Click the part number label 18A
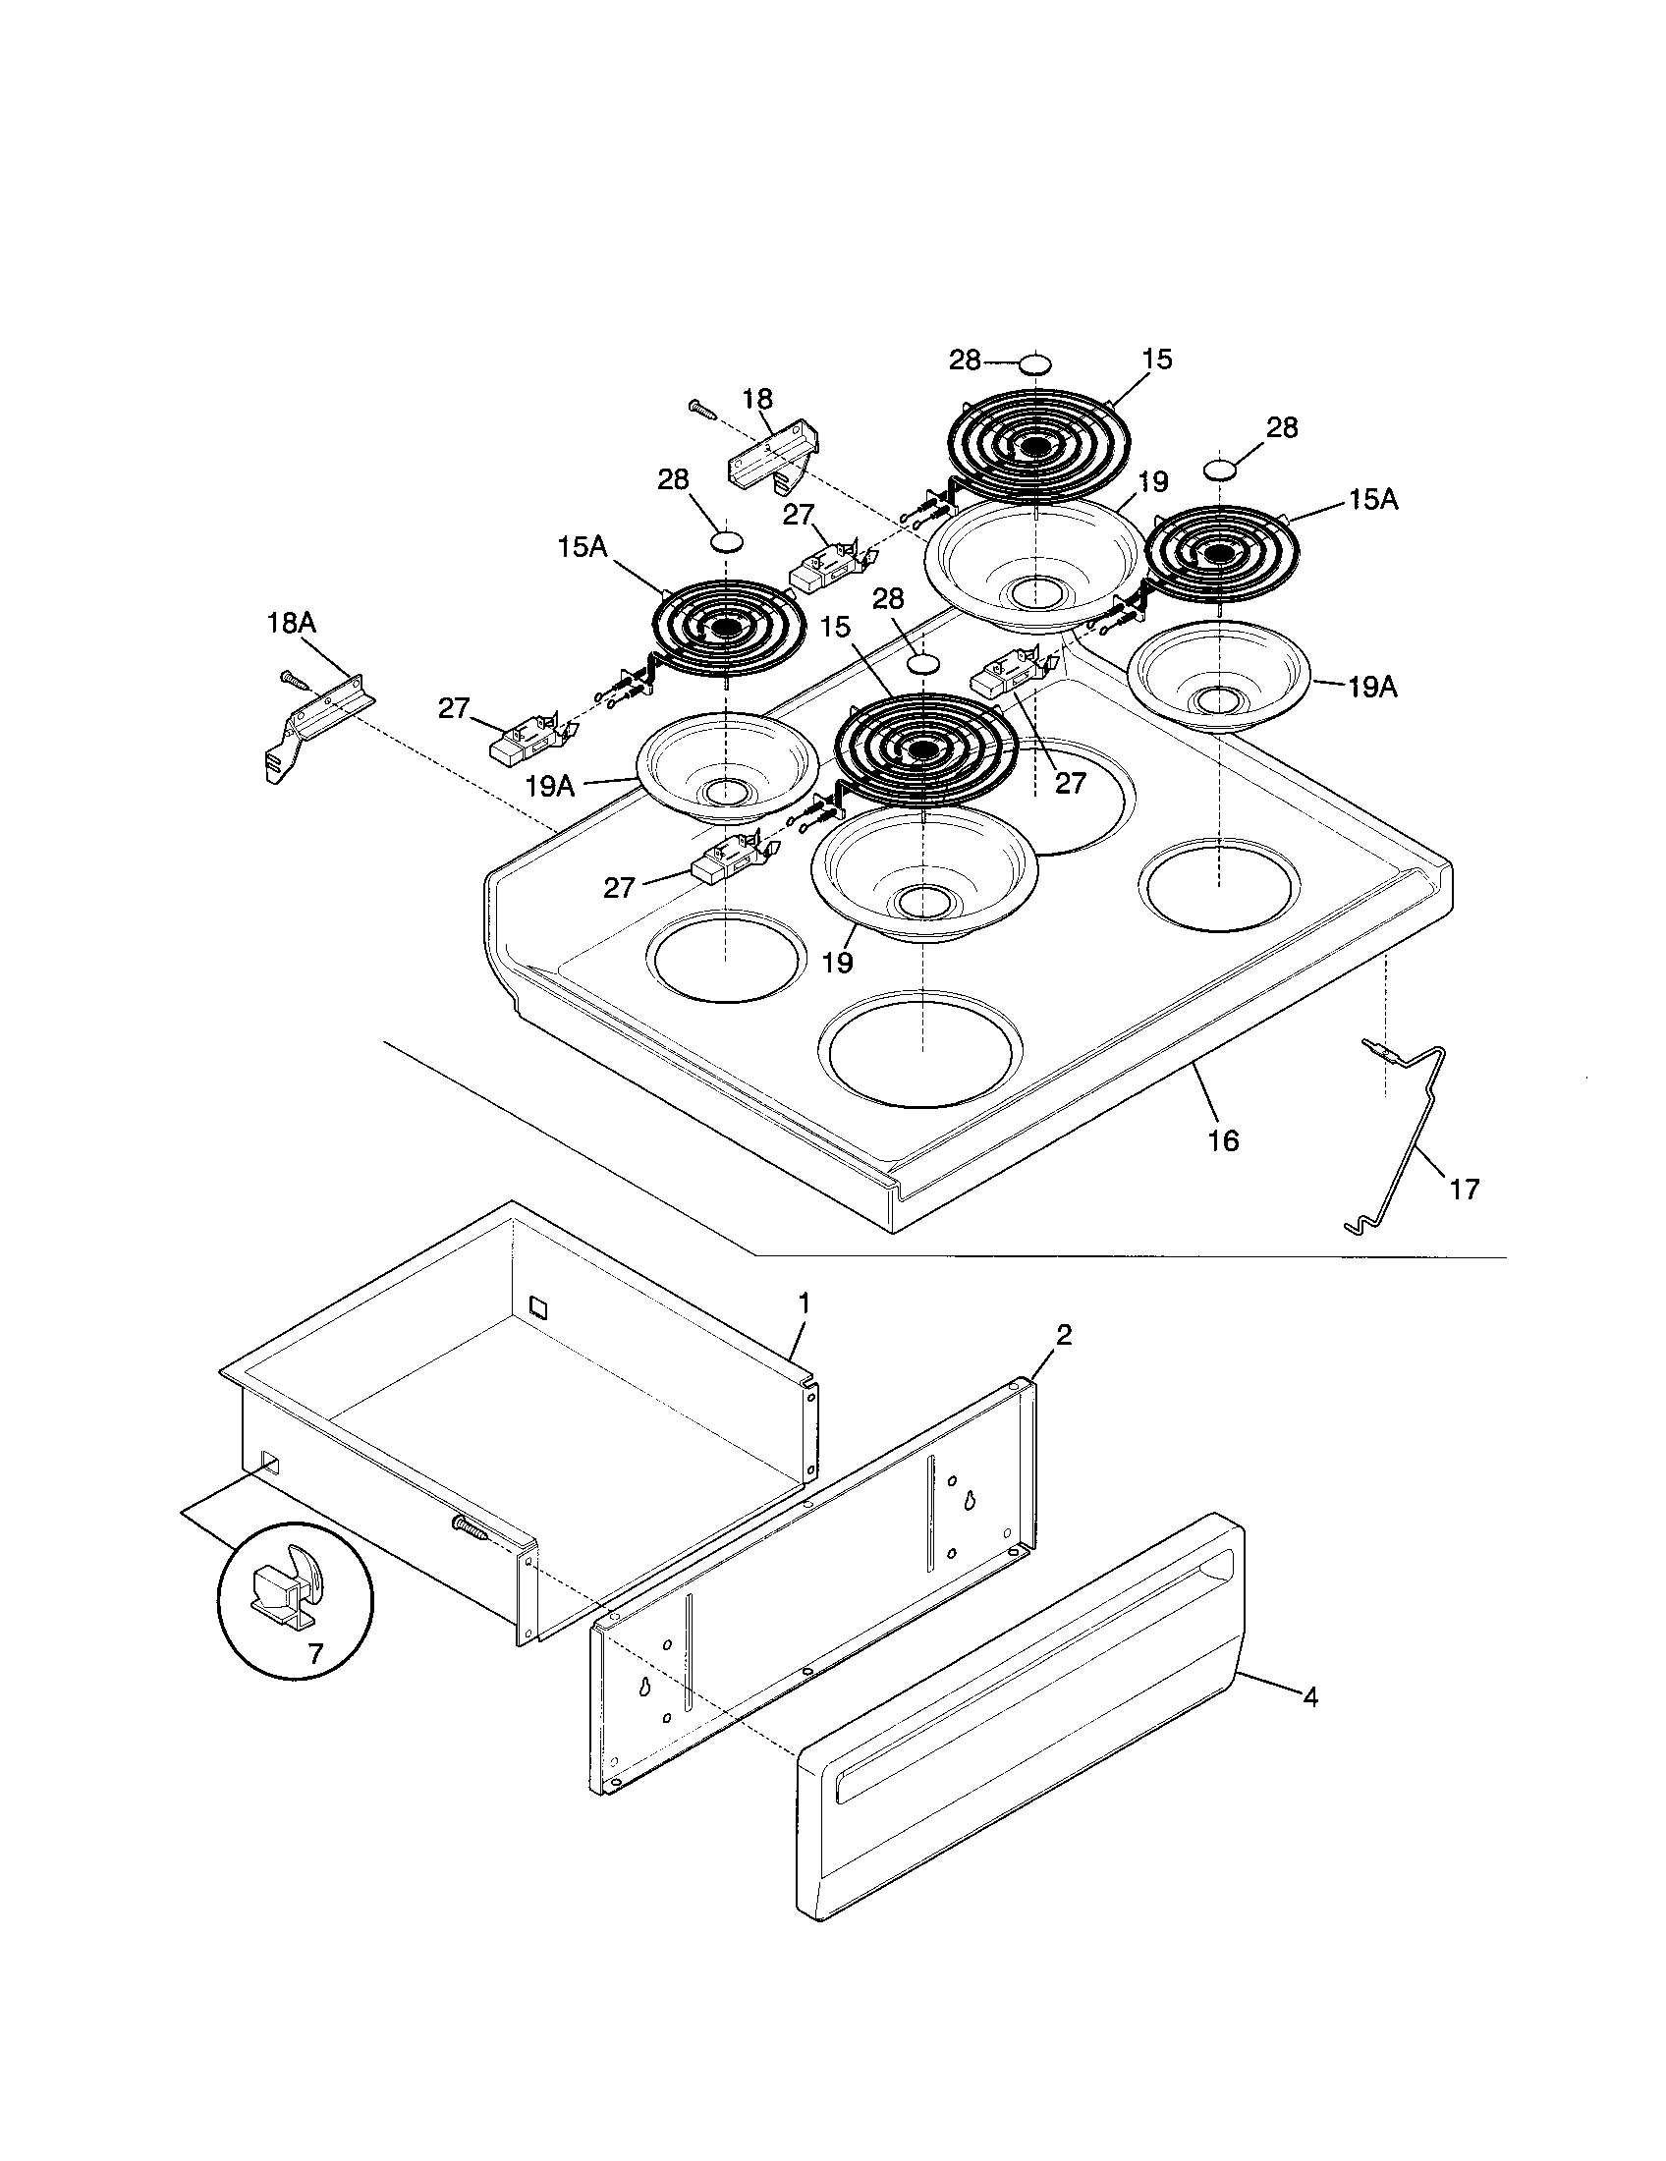point(291,623)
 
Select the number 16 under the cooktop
point(1224,1140)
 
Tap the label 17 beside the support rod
point(1466,1189)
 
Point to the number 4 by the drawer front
point(1309,1697)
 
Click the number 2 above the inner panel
point(1064,1335)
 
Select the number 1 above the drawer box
point(805,1303)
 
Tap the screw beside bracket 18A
point(294,680)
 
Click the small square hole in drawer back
point(537,1307)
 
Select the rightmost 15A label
point(1372,501)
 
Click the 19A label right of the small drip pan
point(1372,688)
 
